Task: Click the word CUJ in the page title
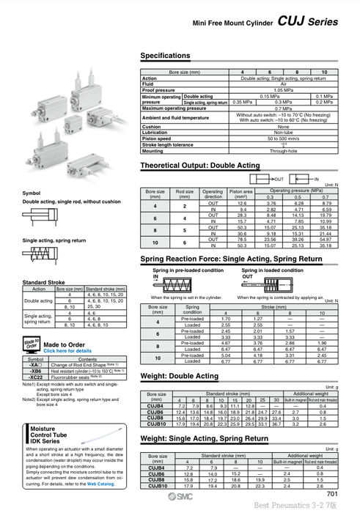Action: pyautogui.click(x=289, y=23)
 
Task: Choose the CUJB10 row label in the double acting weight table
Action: pyautogui.click(x=156, y=424)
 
